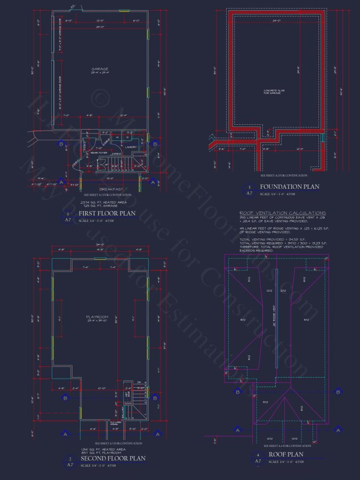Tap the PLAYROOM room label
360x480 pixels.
click(x=97, y=317)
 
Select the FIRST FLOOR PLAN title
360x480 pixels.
click(x=107, y=213)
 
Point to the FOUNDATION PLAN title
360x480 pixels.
click(x=289, y=187)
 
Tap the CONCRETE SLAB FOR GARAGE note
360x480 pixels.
click(x=274, y=91)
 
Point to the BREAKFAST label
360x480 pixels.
click(x=111, y=189)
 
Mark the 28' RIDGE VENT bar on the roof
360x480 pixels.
click(x=276, y=317)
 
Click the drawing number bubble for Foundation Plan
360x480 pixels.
click(x=249, y=190)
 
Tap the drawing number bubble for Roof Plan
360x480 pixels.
click(x=258, y=458)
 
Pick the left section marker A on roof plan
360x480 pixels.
click(x=237, y=430)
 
